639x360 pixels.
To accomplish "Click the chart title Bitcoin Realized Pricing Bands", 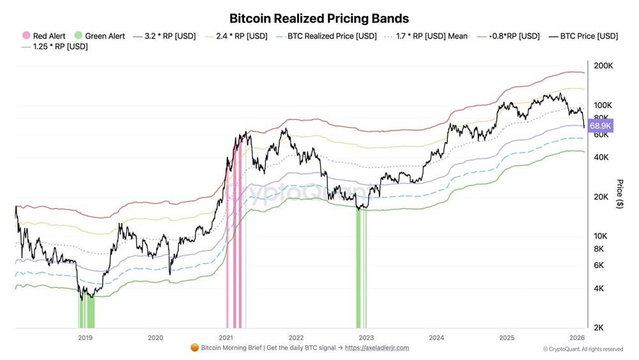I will click(x=319, y=19).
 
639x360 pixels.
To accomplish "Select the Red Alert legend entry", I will click(x=44, y=36).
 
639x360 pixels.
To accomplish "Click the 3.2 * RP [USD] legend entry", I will click(x=164, y=36).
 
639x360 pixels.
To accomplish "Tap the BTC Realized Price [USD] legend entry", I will click(x=327, y=36).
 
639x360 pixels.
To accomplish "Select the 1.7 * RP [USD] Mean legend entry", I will click(x=427, y=36).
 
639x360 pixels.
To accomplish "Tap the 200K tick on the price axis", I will click(x=603, y=66).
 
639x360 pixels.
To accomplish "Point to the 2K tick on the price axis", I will click(x=599, y=327).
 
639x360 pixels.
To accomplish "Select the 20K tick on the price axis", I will click(x=601, y=197).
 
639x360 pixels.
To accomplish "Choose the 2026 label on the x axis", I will click(x=577, y=337).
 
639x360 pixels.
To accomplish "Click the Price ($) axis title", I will click(x=619, y=194).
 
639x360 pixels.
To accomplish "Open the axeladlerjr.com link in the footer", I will click(x=377, y=348).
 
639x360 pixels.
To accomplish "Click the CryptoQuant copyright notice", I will click(x=583, y=349).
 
